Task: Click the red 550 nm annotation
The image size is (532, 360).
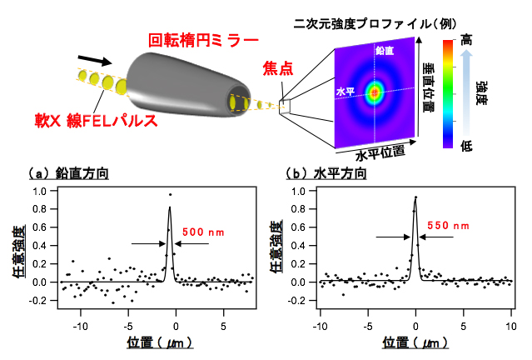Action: pos(448,225)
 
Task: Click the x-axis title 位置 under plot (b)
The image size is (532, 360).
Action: pos(413,342)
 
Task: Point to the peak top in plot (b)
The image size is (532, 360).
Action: pos(415,197)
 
